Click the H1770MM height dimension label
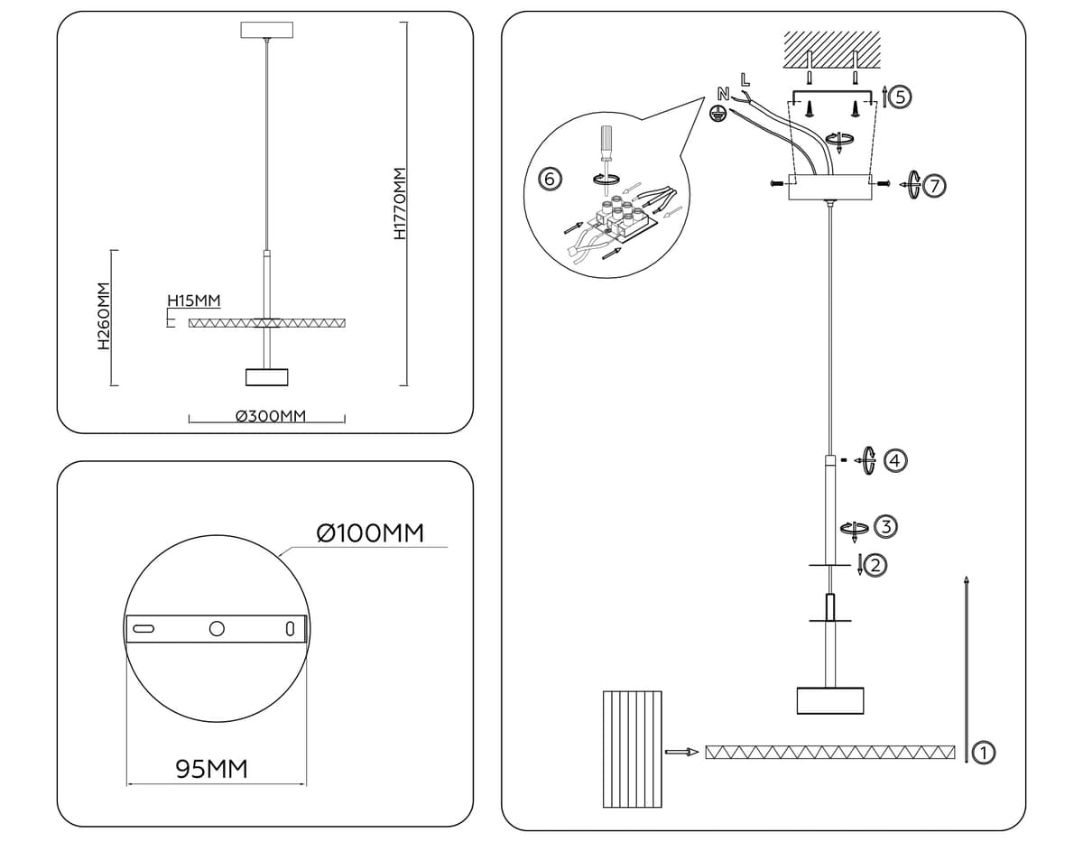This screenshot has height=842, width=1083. pos(402,204)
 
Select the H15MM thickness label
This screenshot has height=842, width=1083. pos(193,301)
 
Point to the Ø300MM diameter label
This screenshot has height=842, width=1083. pos(271,416)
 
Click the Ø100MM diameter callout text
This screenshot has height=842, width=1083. pos(371,532)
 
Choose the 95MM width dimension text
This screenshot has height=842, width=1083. pos(211,769)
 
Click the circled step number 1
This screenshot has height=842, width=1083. pos(985,751)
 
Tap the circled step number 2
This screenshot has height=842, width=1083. pos(874,566)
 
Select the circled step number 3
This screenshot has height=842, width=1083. pos(886,525)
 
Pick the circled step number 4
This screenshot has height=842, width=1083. pos(894,460)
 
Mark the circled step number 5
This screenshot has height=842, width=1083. pos(901,97)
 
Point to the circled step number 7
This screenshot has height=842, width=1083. pos(934,186)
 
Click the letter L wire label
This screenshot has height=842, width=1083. pos(745,79)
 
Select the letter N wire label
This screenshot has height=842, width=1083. pos(723,93)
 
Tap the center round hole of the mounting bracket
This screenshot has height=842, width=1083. pos(217,629)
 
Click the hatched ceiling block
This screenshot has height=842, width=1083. pos(831,50)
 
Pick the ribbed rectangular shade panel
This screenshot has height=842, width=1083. pos(632,749)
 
